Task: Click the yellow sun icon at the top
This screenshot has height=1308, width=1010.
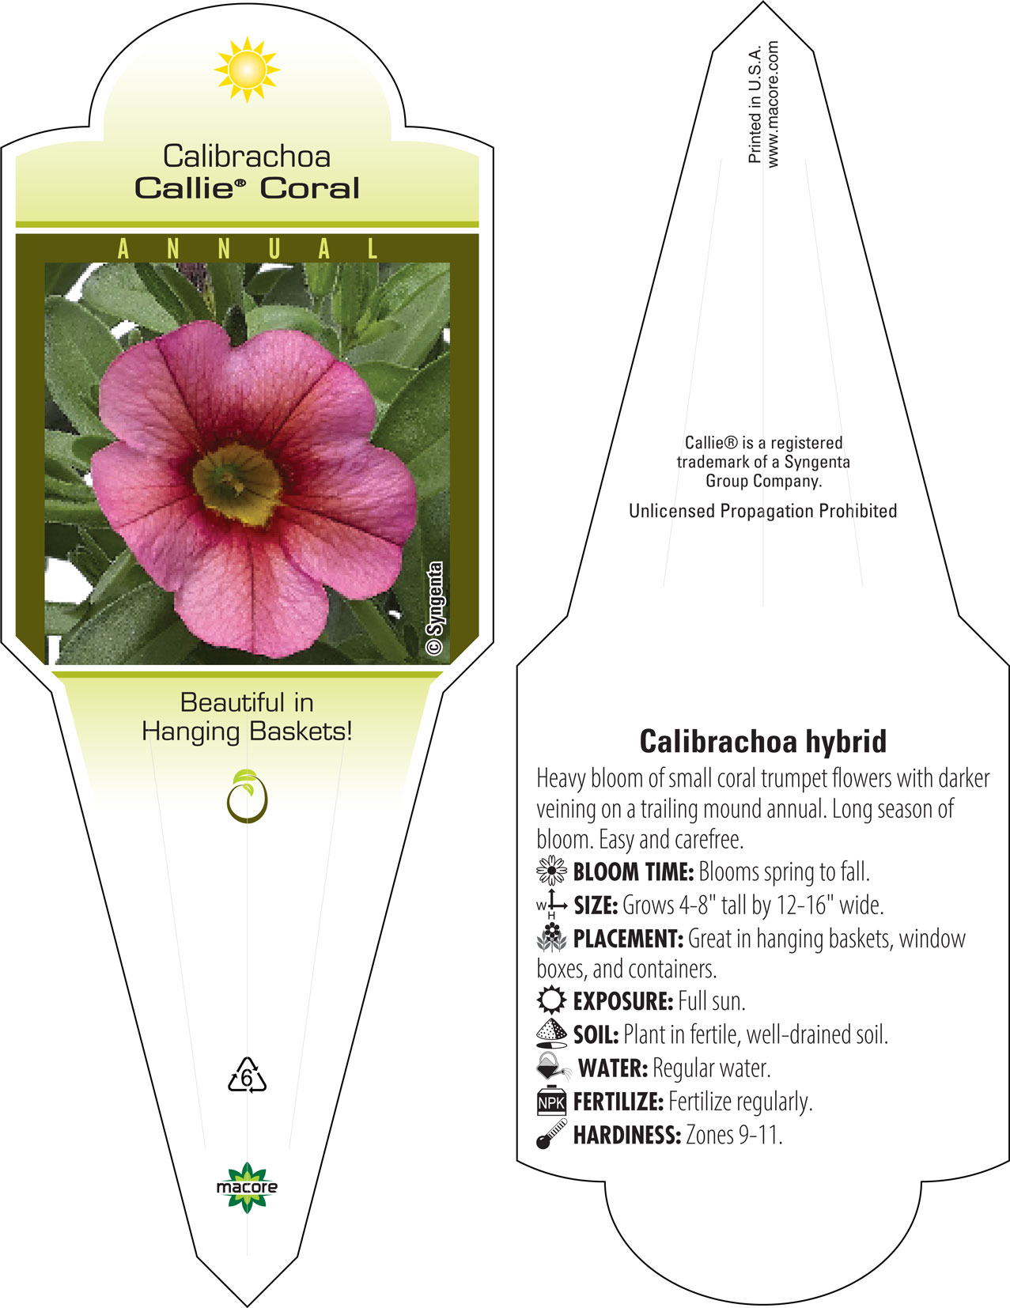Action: pos(247,70)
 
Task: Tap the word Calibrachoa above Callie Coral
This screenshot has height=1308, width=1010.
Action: pos(247,157)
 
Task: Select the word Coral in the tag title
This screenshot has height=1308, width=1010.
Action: pos(309,187)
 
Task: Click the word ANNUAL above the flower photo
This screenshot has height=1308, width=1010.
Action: pos(248,248)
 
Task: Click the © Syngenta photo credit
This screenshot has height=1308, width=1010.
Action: pos(434,608)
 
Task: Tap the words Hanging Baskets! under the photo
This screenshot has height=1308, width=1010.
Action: pos(247,731)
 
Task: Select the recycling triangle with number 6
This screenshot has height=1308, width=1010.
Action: pos(247,1075)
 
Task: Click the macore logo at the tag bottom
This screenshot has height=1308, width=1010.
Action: pos(247,1187)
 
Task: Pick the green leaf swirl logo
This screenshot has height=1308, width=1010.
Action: pos(247,796)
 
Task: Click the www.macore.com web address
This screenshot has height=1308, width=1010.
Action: pos(773,104)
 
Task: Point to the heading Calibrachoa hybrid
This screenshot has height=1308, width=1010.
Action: pos(762,741)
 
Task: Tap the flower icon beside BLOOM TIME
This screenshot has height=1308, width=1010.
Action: pos(551,871)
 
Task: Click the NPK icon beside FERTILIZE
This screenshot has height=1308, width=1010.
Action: pos(551,1101)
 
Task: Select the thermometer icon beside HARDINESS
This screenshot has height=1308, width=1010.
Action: pos(551,1134)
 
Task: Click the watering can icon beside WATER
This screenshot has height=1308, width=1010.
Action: pos(553,1067)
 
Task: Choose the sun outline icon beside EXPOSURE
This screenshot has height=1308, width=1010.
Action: pos(551,1000)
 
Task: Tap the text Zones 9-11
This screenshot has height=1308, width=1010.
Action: pos(734,1136)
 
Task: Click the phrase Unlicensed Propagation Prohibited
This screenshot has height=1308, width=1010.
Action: pos(762,511)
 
